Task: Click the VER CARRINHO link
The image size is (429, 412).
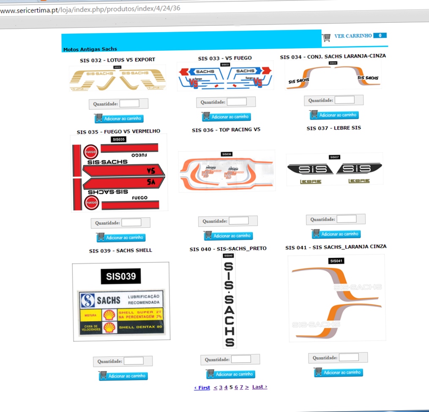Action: pos(353,36)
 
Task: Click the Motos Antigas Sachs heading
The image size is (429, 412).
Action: pos(90,49)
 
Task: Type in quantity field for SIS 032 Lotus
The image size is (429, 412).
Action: pos(129,104)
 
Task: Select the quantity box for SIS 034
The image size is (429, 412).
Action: pos(344,100)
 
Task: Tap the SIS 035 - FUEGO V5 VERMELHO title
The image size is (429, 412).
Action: pos(118,131)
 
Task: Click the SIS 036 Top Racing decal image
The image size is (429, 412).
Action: pos(227,171)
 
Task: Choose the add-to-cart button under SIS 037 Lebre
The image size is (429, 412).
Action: pos(336,234)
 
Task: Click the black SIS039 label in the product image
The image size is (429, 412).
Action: pos(121,276)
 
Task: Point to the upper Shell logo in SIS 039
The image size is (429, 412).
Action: pos(109,314)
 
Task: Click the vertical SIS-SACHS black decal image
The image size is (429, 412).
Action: pos(229,300)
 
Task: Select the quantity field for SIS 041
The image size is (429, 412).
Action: pos(349,357)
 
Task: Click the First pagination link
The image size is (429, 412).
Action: pos(202,387)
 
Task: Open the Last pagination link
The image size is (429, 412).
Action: pos(260,387)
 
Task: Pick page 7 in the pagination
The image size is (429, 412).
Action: pos(241,387)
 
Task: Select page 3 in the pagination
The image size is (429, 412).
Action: pos(221,387)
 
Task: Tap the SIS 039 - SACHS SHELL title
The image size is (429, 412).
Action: pos(120,251)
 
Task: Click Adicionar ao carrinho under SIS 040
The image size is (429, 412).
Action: pos(230,374)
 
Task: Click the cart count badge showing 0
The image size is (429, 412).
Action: pos(380,35)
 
